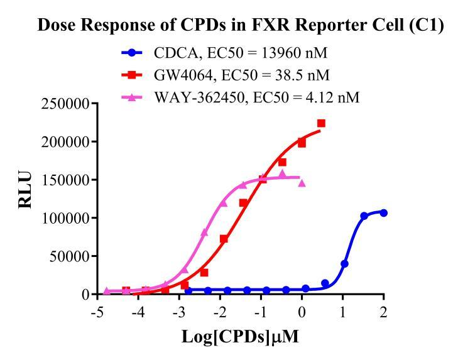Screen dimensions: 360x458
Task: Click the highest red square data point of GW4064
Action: (321, 123)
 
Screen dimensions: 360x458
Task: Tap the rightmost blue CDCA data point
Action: (383, 213)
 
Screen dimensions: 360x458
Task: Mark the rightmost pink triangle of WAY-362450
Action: (302, 183)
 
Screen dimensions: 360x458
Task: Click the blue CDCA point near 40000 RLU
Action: (344, 263)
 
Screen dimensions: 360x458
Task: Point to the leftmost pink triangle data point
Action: (107, 290)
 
